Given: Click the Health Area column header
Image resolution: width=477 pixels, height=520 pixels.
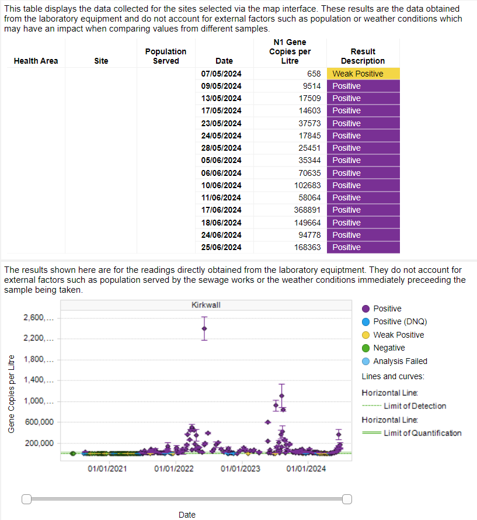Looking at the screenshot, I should point(36,61).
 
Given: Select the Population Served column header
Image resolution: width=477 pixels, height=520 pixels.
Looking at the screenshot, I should point(166,56).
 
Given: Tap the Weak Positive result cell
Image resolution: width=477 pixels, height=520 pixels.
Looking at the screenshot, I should point(363,74).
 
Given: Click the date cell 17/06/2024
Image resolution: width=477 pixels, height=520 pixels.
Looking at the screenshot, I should point(221,210).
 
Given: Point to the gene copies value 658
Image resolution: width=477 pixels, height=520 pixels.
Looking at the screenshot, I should point(314,74).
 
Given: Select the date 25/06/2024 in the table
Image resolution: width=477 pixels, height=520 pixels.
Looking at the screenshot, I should point(221,247).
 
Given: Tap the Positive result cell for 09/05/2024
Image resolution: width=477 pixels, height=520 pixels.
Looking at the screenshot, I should point(363,86).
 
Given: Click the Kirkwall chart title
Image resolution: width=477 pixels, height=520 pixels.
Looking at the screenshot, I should point(206,305).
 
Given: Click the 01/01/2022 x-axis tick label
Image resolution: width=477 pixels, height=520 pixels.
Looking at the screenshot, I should point(174,469).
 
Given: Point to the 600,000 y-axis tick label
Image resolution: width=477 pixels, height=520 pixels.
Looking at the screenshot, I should point(39,422).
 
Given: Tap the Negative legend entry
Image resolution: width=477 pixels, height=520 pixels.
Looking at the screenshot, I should point(388,348).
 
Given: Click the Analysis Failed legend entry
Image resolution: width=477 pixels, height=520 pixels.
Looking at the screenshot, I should point(399,361).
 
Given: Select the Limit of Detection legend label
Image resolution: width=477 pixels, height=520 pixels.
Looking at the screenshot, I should point(415,406).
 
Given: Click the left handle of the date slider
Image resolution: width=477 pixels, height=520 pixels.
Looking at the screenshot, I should point(26,498).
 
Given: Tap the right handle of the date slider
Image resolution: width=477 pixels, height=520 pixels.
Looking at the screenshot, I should point(347,498).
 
